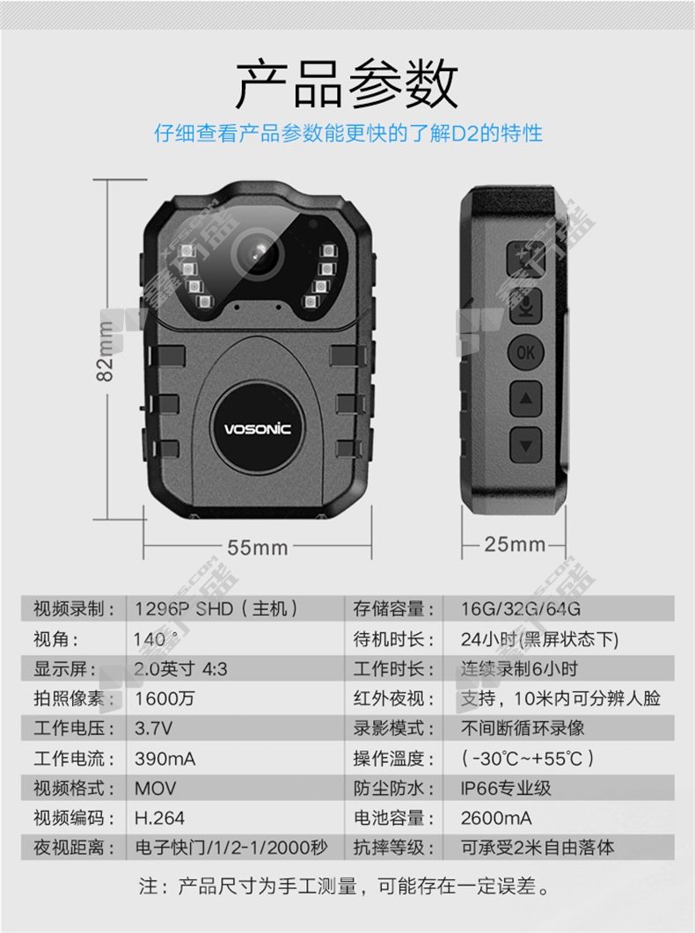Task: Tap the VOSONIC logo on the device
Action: pyautogui.click(x=258, y=428)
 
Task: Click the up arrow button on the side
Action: pyautogui.click(x=525, y=398)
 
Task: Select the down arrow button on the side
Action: pyautogui.click(x=525, y=444)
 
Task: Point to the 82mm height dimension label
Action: pyautogui.click(x=105, y=351)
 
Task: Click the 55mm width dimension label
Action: pyautogui.click(x=258, y=548)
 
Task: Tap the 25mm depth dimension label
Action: pyautogui.click(x=515, y=543)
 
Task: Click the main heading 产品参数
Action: pyautogui.click(x=347, y=84)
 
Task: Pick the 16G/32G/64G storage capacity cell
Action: pyautogui.click(x=521, y=609)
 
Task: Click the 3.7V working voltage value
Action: pyautogui.click(x=154, y=728)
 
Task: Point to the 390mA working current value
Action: pyautogui.click(x=165, y=759)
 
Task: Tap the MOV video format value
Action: pyautogui.click(x=156, y=789)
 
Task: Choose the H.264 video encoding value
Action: pyautogui.click(x=159, y=818)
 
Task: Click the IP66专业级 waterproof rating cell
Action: pyautogui.click(x=506, y=789)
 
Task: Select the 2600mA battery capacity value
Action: pyautogui.click(x=496, y=818)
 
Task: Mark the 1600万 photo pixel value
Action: pyautogui.click(x=165, y=698)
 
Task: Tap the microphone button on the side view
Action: pyautogui.click(x=525, y=307)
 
